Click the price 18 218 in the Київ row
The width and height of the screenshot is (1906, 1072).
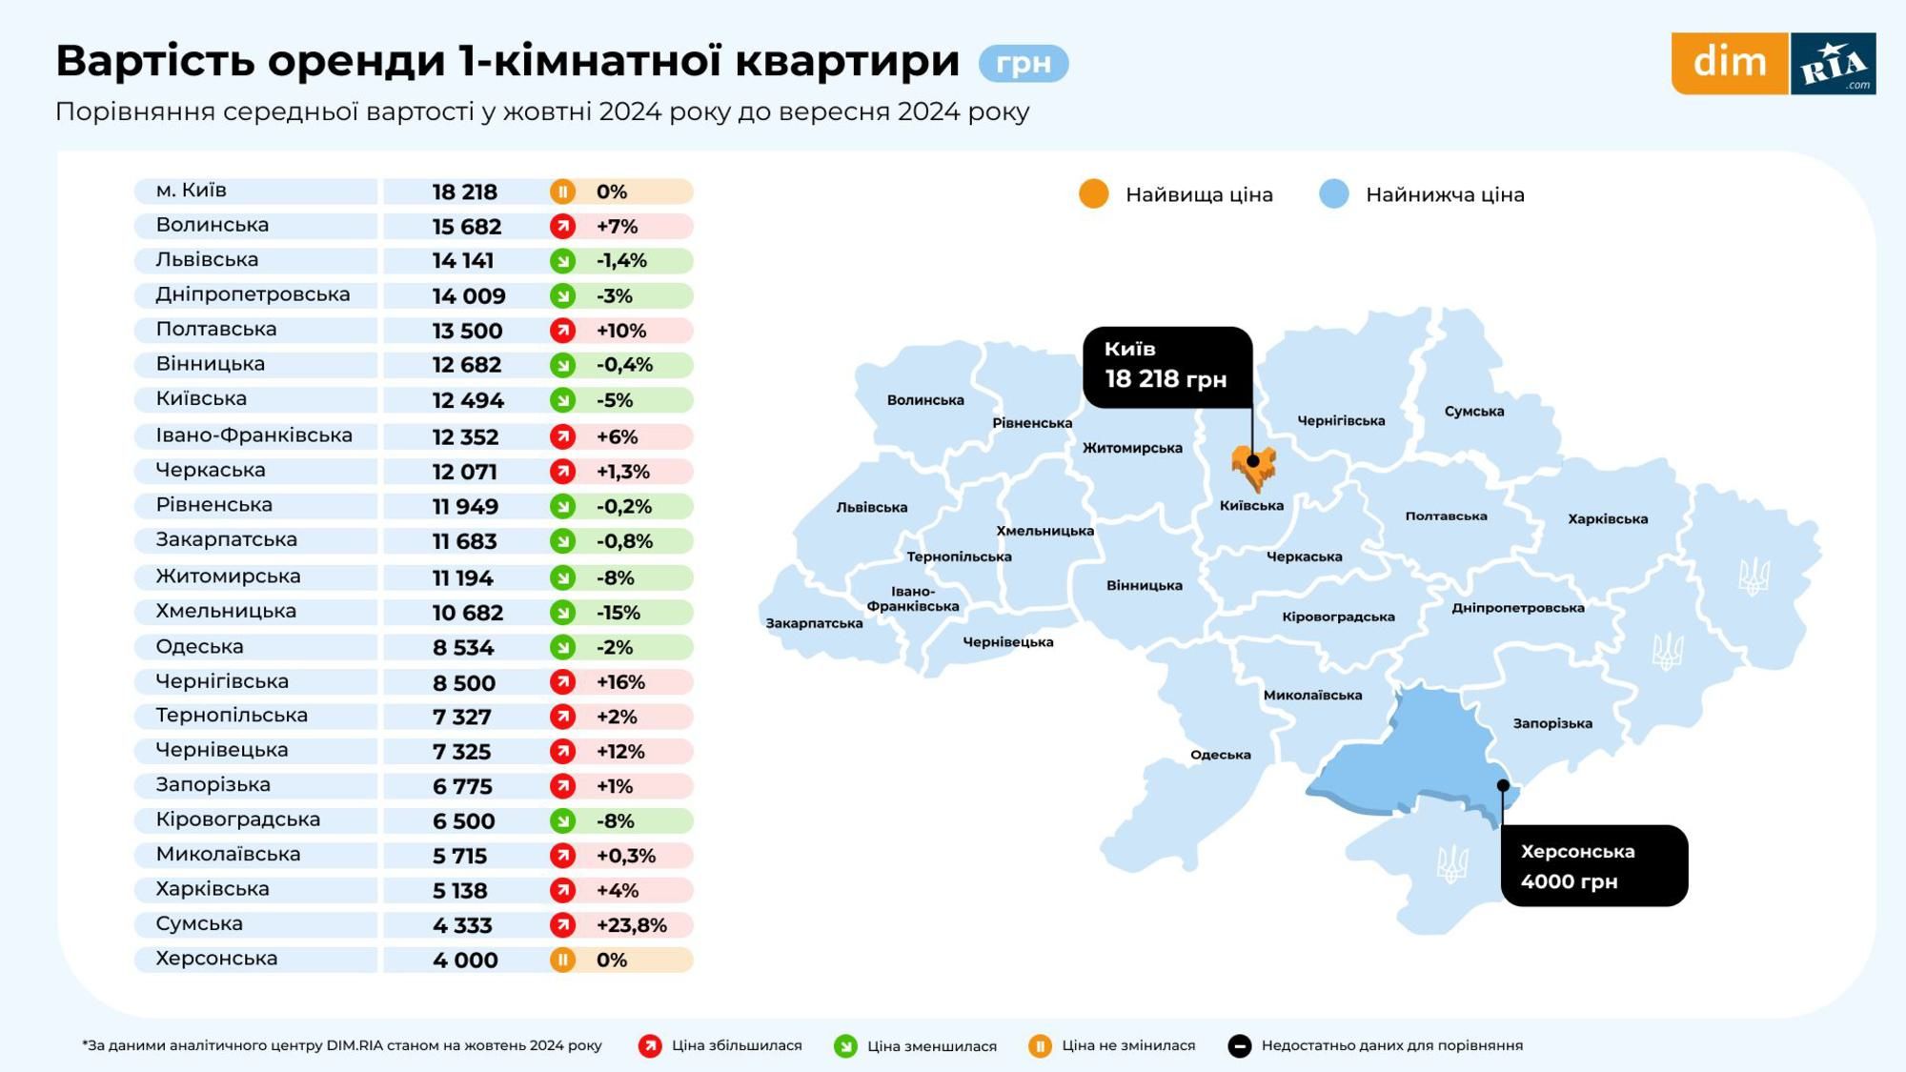pos(465,192)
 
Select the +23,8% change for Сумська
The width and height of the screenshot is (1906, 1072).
pos(631,924)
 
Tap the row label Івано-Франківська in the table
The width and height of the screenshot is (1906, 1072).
pos(253,435)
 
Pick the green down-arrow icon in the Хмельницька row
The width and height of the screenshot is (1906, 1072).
pos(562,612)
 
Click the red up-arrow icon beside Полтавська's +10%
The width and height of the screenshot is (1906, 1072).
pos(562,331)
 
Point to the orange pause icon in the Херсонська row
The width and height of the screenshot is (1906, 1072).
pos(562,960)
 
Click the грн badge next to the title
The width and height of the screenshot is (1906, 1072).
pos(1023,63)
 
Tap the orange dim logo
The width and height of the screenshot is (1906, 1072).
pos(1729,63)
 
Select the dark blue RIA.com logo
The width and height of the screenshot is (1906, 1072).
pos(1833,64)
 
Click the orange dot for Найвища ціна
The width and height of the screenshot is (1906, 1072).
pos(1093,193)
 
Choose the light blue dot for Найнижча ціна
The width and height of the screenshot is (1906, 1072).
pos(1333,193)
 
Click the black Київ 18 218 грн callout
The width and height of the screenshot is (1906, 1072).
pos(1166,367)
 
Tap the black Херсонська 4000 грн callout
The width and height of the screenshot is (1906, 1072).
pos(1593,865)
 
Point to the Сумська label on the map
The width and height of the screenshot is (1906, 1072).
pos(1473,412)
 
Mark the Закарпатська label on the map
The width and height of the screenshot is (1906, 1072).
pos(814,623)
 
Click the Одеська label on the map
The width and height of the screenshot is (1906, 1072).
pos(1220,755)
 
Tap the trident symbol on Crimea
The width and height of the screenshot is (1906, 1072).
pos(1451,864)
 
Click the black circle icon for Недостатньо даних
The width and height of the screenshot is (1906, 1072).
pos(1239,1046)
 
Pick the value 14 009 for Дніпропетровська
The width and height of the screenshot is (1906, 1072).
pos(469,296)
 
